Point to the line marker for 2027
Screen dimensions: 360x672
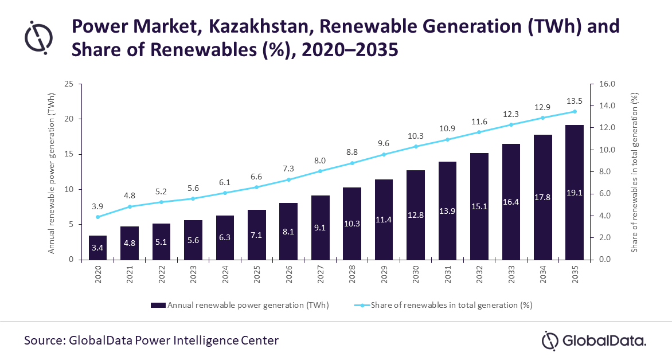click(320, 171)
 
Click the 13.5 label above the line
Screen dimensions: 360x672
click(574, 100)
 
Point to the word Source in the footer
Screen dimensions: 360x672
click(44, 341)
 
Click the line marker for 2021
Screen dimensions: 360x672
click(130, 206)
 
